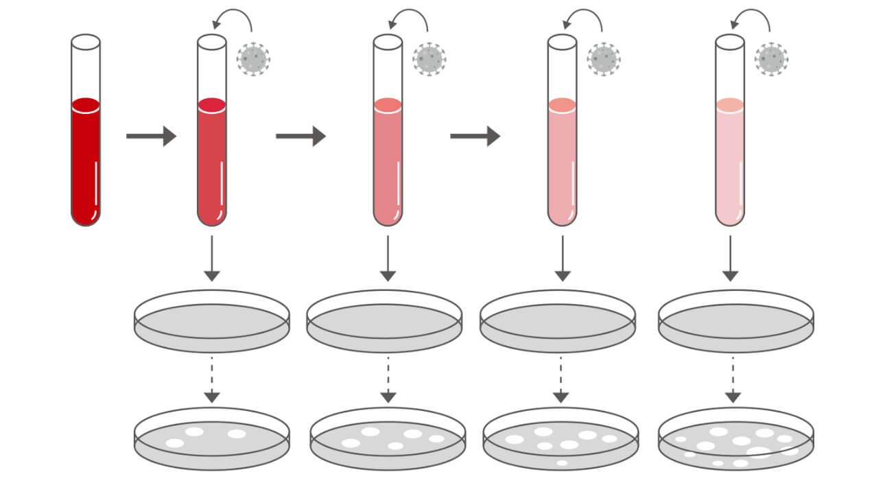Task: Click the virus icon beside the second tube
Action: click(253, 59)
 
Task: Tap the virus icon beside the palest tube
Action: click(771, 59)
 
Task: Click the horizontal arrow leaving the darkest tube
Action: click(151, 136)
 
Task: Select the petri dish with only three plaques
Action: click(212, 439)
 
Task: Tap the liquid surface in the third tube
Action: click(388, 105)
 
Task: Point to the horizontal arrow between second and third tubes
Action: click(300, 136)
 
